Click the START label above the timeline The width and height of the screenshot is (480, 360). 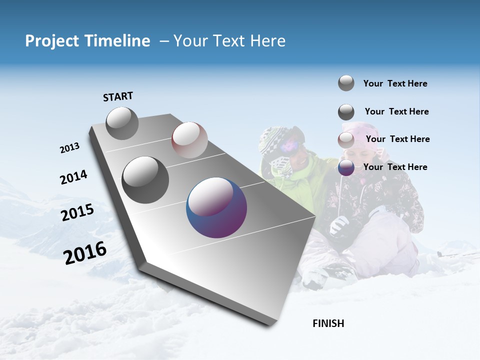[x=118, y=96]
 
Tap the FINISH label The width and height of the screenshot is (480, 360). [x=328, y=323]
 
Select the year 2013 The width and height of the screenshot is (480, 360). [x=69, y=148]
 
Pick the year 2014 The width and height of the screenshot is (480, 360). [x=73, y=177]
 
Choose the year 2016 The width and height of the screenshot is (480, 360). [x=85, y=252]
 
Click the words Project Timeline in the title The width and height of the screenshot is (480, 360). [x=87, y=41]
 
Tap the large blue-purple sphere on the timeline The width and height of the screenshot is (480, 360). [x=216, y=207]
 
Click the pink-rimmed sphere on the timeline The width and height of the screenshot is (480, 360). [x=189, y=139]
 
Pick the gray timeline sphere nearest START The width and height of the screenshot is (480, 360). [x=122, y=123]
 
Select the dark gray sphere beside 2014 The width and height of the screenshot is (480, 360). [x=145, y=179]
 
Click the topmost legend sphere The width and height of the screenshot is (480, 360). [x=346, y=83]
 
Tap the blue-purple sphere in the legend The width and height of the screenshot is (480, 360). [x=346, y=167]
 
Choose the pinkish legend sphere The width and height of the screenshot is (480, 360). [x=346, y=140]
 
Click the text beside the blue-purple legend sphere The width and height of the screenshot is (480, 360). [x=395, y=167]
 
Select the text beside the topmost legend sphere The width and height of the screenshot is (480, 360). [x=395, y=83]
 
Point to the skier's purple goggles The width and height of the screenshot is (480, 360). [x=290, y=145]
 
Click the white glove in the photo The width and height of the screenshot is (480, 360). [x=340, y=224]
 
